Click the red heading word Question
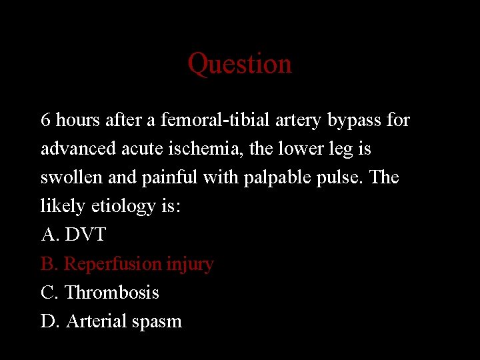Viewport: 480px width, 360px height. pos(239,64)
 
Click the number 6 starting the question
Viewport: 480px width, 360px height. pos(45,120)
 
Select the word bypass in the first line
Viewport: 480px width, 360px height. pos(355,121)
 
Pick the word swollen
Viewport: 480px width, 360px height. pos(69,177)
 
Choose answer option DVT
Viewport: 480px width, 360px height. pos(85,235)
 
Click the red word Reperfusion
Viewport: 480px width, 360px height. pos(113,264)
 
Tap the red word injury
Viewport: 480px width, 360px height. pos(190,264)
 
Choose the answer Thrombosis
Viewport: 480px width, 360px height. pos(112,292)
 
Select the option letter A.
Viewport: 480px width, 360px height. pos(49,235)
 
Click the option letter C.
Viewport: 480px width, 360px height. pos(49,292)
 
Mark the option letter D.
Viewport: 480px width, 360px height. pos(49,321)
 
